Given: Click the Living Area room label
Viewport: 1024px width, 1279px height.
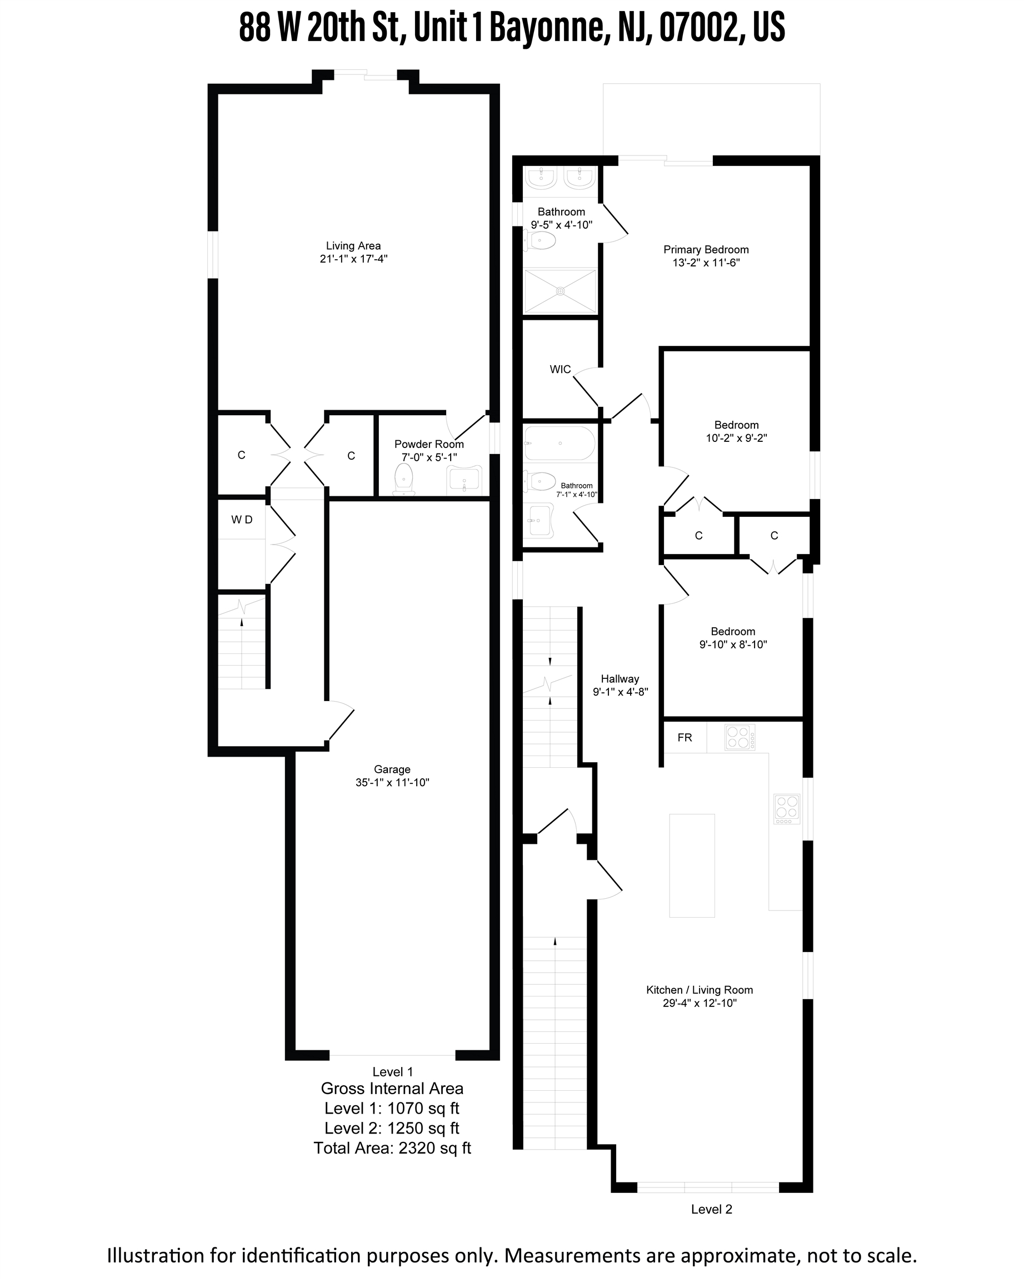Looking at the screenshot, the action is (x=353, y=245).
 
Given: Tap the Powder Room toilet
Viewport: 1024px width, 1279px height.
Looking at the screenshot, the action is (x=404, y=477).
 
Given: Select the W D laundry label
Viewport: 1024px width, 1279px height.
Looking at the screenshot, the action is (x=242, y=520).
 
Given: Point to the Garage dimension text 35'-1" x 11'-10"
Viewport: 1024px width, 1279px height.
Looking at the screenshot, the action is (x=392, y=783).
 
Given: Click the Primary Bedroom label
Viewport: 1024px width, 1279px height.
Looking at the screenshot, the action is (x=706, y=250).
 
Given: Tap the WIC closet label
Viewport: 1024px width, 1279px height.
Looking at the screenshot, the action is (x=561, y=370).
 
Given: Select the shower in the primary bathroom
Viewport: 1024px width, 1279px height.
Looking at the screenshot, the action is (x=561, y=291).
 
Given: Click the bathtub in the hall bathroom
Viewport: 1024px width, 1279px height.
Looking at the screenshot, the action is (x=559, y=443).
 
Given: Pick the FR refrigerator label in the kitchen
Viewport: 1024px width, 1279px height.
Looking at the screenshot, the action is (x=685, y=737).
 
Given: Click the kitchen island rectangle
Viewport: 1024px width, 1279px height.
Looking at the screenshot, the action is (x=692, y=865).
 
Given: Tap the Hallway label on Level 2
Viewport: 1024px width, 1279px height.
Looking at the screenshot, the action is (x=620, y=679).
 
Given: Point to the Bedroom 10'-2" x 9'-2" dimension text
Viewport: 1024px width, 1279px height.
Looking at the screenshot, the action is (x=737, y=439).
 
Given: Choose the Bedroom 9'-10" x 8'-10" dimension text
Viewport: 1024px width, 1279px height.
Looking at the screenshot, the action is (x=733, y=645).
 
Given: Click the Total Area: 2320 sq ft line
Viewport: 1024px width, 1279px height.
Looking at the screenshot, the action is (x=392, y=1148).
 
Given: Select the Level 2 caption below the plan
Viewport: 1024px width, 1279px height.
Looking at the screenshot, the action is (x=712, y=1209).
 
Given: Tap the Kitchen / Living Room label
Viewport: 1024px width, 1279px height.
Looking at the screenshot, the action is (x=700, y=990).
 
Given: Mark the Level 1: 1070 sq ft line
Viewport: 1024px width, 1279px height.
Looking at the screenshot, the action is (x=392, y=1108).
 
